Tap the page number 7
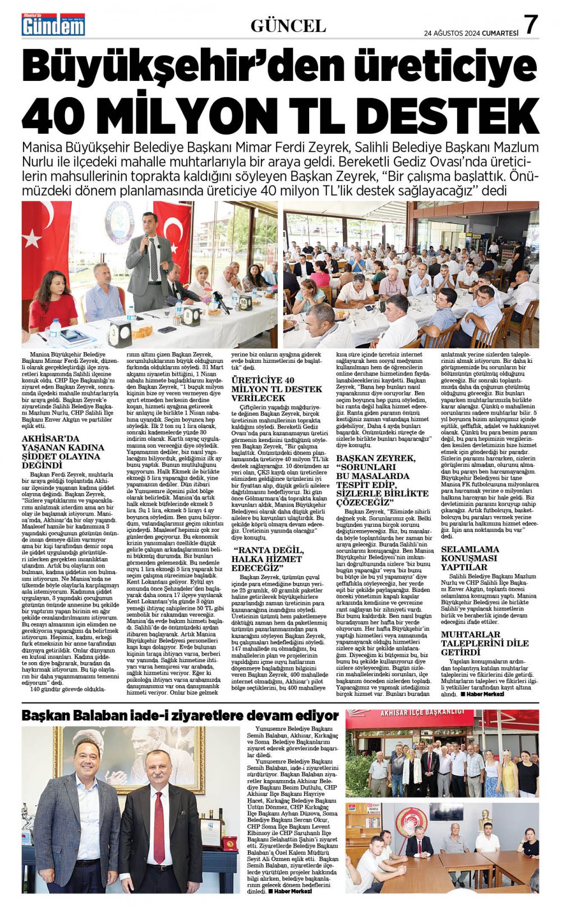(x=531, y=24)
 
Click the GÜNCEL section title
(x=288, y=25)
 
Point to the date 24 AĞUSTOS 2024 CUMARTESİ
(x=471, y=33)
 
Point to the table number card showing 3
(x=119, y=334)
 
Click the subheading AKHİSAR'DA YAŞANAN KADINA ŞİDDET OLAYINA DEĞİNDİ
(x=63, y=452)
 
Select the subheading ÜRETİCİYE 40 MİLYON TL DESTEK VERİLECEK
(x=277, y=389)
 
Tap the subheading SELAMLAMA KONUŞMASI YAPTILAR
(x=470, y=558)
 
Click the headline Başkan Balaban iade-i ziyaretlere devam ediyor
(x=180, y=715)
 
